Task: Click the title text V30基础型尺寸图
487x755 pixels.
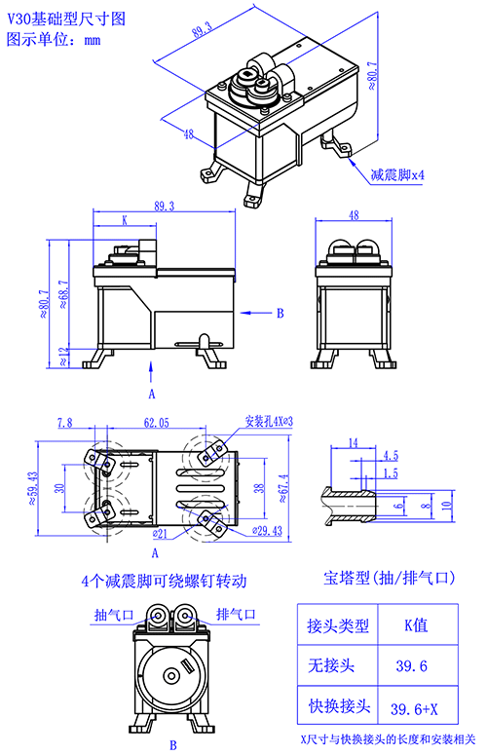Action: point(66,19)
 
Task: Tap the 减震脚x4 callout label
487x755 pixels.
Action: point(397,174)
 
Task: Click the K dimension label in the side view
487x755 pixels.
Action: point(125,220)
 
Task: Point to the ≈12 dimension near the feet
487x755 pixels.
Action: point(63,357)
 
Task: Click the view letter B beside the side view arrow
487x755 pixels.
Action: point(281,313)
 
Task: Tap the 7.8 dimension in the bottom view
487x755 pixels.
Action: point(65,422)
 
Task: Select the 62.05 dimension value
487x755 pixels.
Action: point(157,422)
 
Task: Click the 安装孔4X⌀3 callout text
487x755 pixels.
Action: point(269,421)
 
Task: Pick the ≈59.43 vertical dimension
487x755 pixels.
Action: point(33,488)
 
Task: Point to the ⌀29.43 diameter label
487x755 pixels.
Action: point(267,531)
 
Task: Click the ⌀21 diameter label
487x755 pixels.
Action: point(160,533)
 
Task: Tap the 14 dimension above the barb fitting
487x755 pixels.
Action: point(354,442)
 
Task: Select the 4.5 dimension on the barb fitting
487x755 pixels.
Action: point(391,456)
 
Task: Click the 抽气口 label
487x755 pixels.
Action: point(114,615)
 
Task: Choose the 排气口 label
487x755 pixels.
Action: point(236,615)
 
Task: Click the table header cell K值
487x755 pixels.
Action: point(416,625)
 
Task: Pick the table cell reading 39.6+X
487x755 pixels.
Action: point(414,709)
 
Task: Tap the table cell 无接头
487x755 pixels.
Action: point(331,665)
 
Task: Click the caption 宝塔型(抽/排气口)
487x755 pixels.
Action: point(389,578)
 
